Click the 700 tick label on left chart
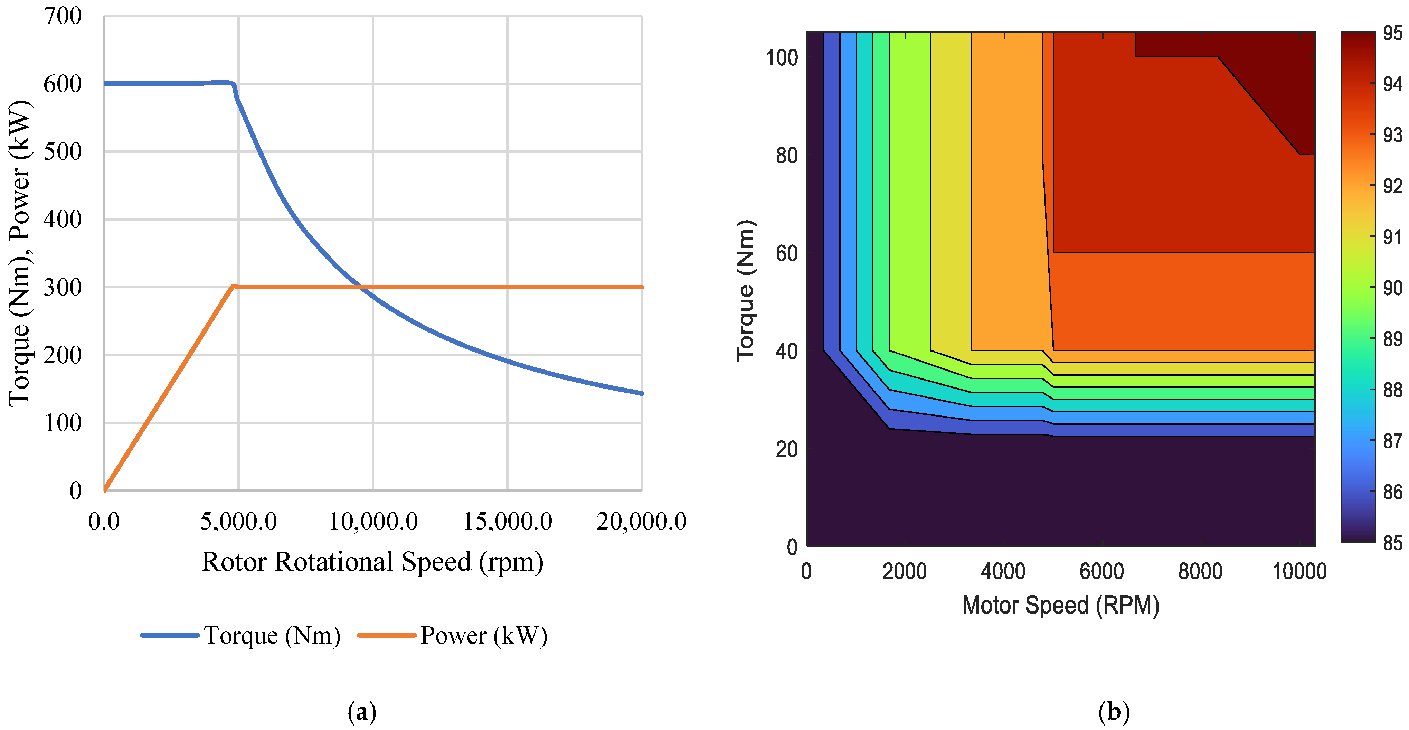pos(63,16)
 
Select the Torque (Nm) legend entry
pos(272,635)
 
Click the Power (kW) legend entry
pos(483,635)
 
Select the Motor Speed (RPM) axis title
pos(1060,605)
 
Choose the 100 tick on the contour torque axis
pos(782,57)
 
